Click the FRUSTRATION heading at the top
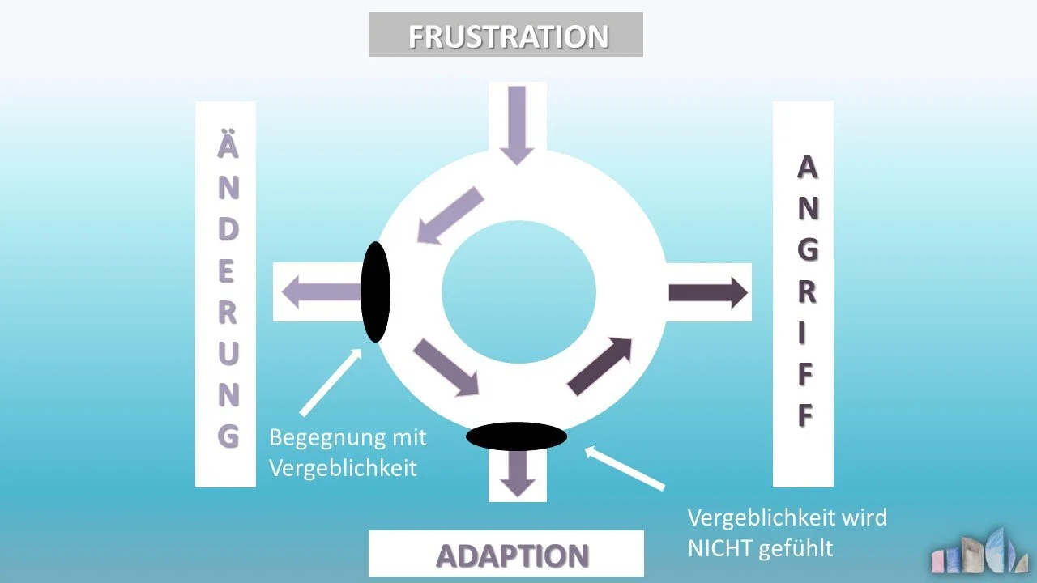[507, 36]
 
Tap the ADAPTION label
[512, 555]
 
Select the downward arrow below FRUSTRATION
[517, 124]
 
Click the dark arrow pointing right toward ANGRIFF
[707, 292]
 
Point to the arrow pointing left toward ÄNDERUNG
[321, 291]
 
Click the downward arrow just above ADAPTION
[518, 473]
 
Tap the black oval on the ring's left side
[375, 291]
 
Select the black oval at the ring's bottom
[516, 436]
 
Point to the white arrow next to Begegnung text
[330, 382]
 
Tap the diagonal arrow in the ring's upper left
[450, 214]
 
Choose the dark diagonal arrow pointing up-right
[600, 366]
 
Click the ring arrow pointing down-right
[446, 368]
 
